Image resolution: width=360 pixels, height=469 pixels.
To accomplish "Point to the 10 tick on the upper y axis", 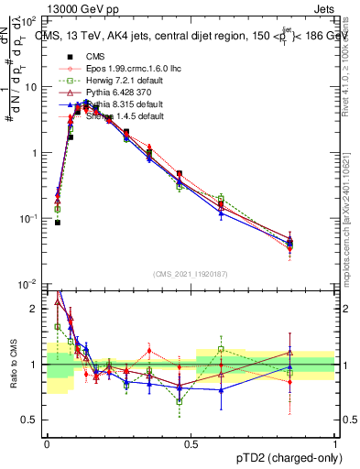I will click(32, 87).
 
